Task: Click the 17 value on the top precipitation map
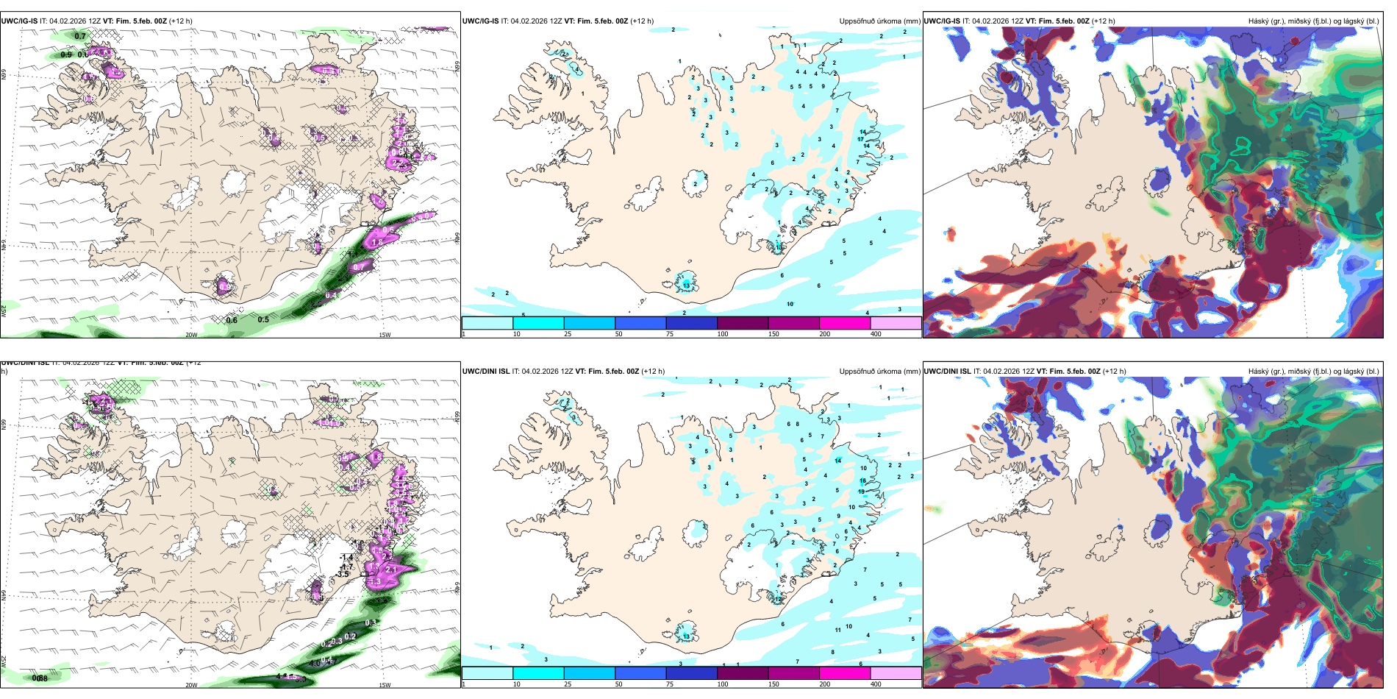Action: click(x=860, y=139)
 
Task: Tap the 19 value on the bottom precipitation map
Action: click(x=861, y=492)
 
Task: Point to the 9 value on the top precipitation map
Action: click(x=823, y=86)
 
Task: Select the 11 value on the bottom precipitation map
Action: click(x=838, y=630)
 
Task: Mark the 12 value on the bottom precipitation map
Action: click(x=777, y=600)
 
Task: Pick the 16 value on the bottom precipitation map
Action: click(x=863, y=481)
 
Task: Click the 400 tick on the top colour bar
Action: click(x=876, y=334)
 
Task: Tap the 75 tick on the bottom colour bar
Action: click(x=670, y=684)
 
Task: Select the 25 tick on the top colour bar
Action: click(x=568, y=334)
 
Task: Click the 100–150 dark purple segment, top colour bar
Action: click(x=743, y=323)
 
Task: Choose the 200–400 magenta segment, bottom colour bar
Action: click(x=845, y=673)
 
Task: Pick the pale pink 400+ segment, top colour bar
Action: click(x=896, y=323)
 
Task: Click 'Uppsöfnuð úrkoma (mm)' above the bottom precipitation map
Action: click(x=879, y=372)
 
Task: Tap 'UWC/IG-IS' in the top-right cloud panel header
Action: click(x=942, y=21)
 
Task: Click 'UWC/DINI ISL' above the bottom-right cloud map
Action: click(x=947, y=372)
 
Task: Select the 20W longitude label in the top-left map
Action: click(x=191, y=335)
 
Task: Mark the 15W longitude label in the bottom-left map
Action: click(x=385, y=685)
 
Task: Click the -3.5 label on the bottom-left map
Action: click(x=343, y=574)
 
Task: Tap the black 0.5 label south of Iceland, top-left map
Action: click(x=263, y=320)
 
